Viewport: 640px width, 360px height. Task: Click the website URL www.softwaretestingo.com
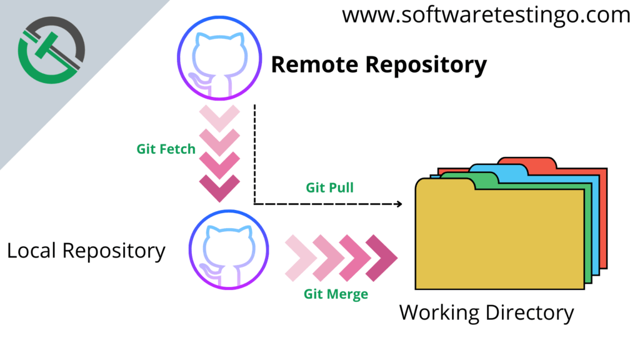[486, 15]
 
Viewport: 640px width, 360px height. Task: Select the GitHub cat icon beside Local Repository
[229, 251]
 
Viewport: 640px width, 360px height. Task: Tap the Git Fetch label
[166, 149]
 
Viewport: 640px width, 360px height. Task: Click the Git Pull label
[330, 187]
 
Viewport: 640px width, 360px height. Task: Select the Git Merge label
[336, 293]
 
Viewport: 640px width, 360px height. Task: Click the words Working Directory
[486, 312]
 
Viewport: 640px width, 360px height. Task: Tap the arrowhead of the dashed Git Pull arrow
[397, 204]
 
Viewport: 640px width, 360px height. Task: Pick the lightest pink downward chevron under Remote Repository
[219, 117]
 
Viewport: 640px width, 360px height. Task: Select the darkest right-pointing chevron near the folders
[381, 257]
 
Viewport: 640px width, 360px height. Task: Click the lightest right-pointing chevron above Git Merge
[299, 257]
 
